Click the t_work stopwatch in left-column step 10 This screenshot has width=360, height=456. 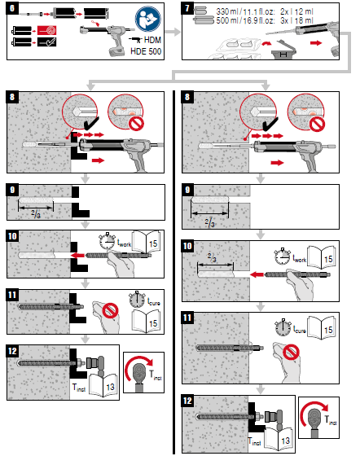106,242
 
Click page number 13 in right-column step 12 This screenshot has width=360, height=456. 285,441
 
